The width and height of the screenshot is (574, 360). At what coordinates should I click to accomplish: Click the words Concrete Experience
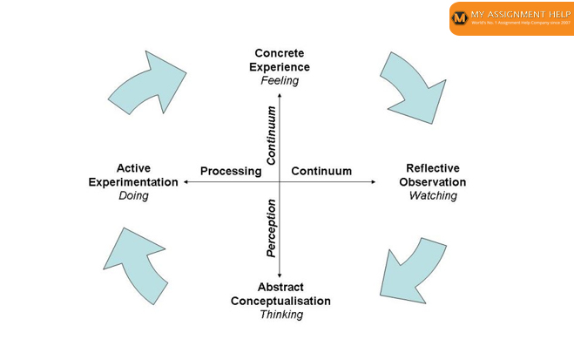click(280, 60)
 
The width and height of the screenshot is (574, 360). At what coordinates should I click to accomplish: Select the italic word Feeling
click(280, 80)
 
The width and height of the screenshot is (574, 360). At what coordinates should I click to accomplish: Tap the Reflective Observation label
click(433, 175)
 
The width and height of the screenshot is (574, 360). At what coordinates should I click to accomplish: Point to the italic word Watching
click(433, 196)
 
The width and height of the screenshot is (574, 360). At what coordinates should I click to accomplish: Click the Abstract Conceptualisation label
click(280, 294)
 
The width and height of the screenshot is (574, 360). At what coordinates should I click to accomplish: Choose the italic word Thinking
click(281, 315)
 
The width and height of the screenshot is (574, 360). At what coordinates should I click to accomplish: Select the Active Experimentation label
click(133, 175)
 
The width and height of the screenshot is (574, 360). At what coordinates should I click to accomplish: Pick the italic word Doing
click(133, 196)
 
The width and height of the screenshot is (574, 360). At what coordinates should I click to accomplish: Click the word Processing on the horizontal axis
click(231, 171)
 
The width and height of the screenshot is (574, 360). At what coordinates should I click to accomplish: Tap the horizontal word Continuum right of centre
click(321, 171)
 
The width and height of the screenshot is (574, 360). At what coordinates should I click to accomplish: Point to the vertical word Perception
click(272, 228)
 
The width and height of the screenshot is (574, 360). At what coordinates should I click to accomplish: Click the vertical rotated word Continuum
click(272, 136)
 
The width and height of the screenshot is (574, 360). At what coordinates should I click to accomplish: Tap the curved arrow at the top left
click(146, 85)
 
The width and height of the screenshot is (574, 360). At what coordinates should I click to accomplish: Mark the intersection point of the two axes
click(279, 182)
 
